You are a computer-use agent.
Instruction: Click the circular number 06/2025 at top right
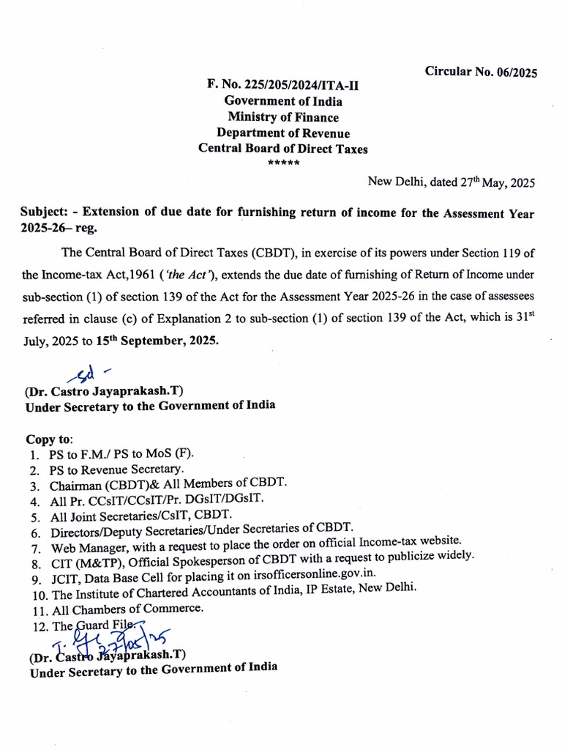point(481,72)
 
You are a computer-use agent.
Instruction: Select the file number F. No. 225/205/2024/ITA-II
point(283,86)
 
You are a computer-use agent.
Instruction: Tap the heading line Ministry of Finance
point(283,117)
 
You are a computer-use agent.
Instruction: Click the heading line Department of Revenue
point(283,133)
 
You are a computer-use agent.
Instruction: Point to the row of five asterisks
point(283,162)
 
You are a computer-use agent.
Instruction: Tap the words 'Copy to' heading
point(50,439)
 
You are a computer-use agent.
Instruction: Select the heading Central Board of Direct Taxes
point(283,149)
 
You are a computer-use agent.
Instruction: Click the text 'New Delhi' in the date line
point(391,183)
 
